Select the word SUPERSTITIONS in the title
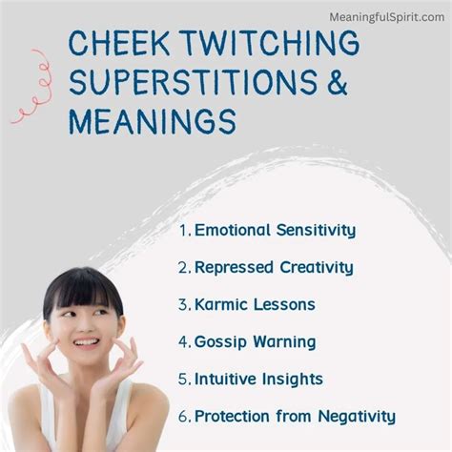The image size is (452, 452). pos(190,84)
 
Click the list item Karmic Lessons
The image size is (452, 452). pos(254,304)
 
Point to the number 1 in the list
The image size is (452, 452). pos(183,229)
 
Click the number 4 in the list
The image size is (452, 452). pos(183,341)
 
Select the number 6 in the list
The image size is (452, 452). pos(183,416)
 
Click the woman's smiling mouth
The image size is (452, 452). pos(85,341)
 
